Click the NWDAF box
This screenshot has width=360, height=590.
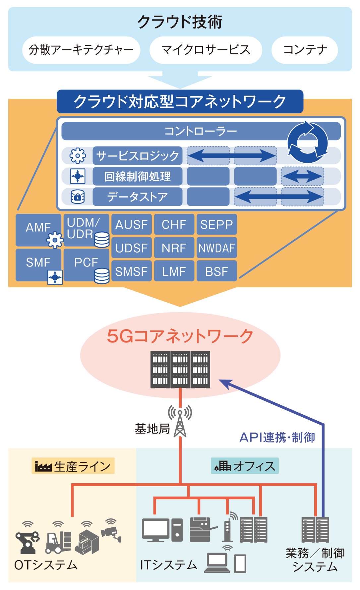(x=217, y=248)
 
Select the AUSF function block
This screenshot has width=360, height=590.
(x=132, y=224)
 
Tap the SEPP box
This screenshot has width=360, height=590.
(x=217, y=224)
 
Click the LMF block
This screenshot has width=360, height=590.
(x=174, y=271)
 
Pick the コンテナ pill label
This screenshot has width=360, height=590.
(x=305, y=50)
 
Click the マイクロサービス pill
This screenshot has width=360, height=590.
(x=206, y=50)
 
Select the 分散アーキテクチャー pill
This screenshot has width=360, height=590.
(x=81, y=50)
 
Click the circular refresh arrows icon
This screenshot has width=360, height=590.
(x=307, y=142)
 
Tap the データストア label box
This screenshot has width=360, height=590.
(x=137, y=197)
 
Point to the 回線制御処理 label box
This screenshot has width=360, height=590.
(x=137, y=176)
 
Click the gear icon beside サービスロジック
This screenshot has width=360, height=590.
(x=78, y=155)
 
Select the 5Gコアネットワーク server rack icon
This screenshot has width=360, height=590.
(x=180, y=369)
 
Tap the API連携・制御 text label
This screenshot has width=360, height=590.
(x=277, y=437)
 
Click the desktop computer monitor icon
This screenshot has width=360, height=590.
(x=156, y=530)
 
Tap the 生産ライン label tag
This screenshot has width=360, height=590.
(x=73, y=466)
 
